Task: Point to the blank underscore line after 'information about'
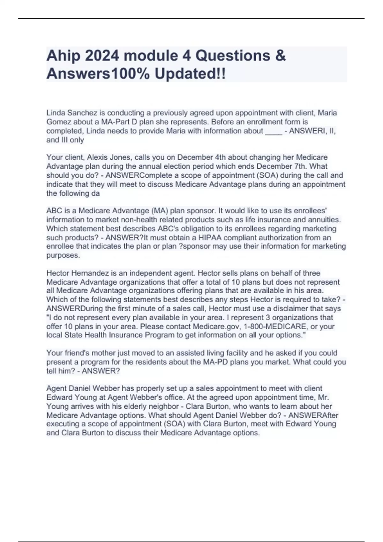click(x=274, y=131)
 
